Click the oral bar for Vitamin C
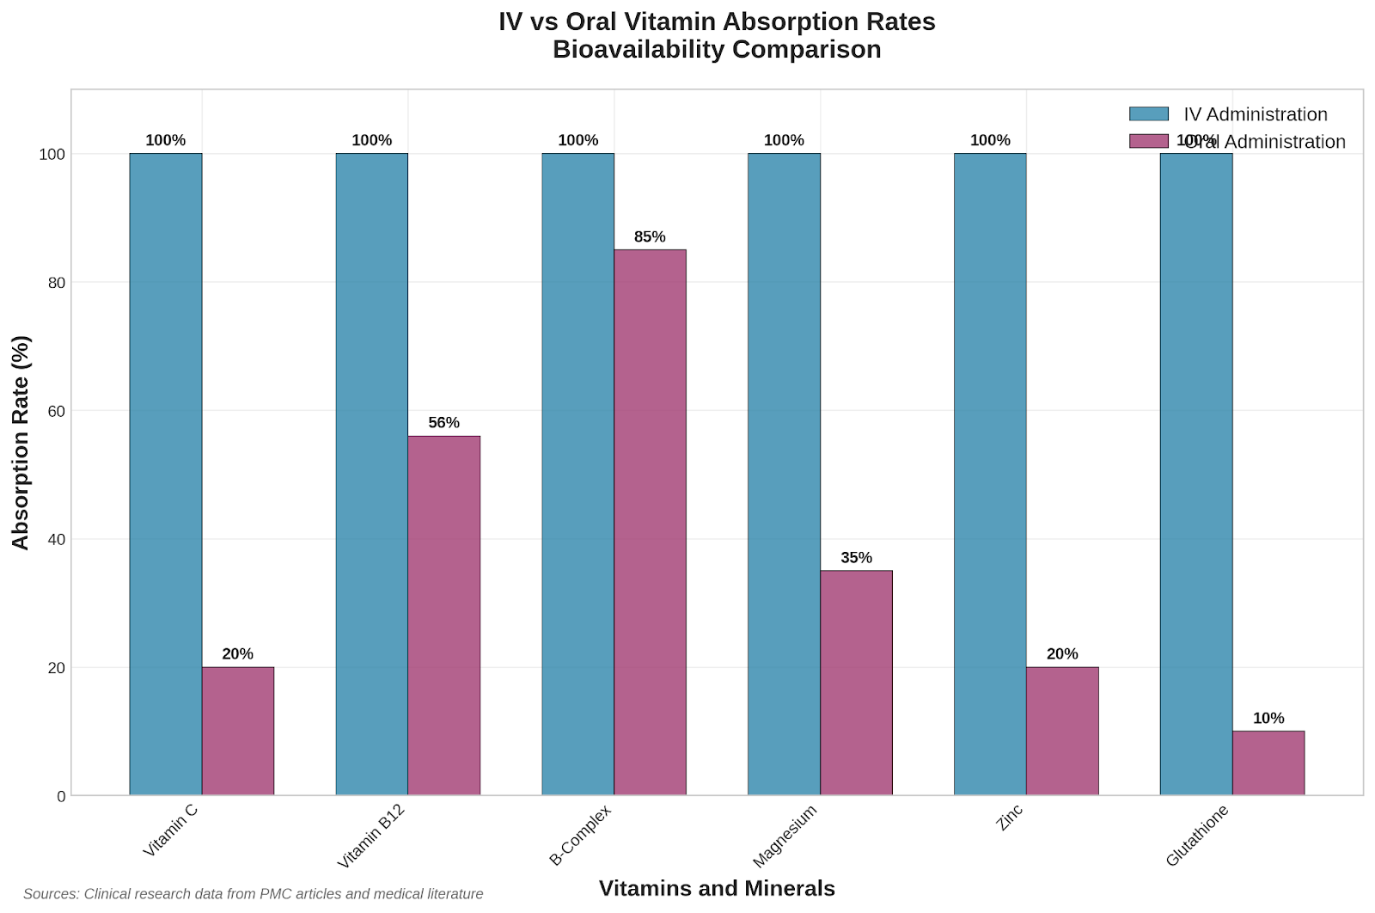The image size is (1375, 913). pos(238,731)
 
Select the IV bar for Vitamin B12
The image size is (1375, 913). pos(372,474)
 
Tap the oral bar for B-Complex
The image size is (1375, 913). pos(650,522)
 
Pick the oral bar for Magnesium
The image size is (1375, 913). pos(856,683)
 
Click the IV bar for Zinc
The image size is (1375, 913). pos(990,474)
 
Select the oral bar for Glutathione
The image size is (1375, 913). pos(1268,763)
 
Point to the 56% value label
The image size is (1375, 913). pos(443,423)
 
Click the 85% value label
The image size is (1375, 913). pos(650,237)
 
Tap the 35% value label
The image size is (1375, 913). pos(856,558)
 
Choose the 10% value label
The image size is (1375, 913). pos(1268,719)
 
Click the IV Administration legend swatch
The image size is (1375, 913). pos(1149,113)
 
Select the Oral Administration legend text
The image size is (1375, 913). pos(1265,142)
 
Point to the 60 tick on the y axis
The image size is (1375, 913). pos(56,411)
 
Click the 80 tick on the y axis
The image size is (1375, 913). pos(56,283)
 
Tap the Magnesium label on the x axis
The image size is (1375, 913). pos(785,836)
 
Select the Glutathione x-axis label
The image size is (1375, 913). pos(1197,836)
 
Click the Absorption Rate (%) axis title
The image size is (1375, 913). pos(21,442)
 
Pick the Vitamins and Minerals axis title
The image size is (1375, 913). pos(717,889)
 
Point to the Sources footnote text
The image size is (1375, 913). pos(254,894)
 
